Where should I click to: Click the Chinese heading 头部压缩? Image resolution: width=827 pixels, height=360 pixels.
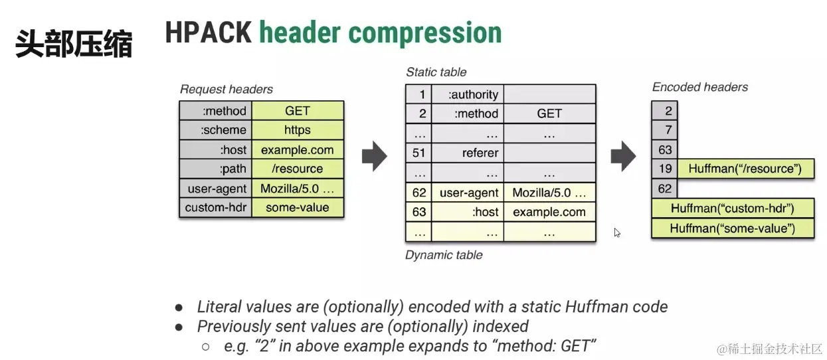74,44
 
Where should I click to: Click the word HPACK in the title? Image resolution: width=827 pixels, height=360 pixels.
209,33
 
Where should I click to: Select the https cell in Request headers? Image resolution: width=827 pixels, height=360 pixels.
298,130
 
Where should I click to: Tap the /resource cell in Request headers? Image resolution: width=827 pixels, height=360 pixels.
298,169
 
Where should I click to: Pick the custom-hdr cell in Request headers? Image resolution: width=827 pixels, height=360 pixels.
216,207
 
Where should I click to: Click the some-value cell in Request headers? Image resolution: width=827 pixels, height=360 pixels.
298,207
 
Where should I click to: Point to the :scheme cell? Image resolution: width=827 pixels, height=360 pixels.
216,130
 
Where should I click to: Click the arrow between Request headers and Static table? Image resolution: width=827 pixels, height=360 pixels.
375,156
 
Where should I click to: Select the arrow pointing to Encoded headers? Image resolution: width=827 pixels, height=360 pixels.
623,156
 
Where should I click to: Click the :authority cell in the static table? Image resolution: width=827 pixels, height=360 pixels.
468,94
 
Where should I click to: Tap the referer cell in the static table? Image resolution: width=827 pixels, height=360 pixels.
468,153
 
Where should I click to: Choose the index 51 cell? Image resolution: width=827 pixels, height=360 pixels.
418,153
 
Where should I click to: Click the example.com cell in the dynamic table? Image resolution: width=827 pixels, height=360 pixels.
550,212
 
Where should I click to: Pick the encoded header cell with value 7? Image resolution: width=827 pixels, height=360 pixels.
664,130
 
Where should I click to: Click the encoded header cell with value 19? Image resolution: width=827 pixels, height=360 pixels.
664,169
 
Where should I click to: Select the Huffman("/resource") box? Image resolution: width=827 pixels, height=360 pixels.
746,169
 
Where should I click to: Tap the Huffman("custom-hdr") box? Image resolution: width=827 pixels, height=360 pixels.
733,209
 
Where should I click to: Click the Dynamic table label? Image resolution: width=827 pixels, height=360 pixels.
444,255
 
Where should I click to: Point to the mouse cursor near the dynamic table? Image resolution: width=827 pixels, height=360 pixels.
617,232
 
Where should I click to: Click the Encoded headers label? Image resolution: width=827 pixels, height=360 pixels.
700,87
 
